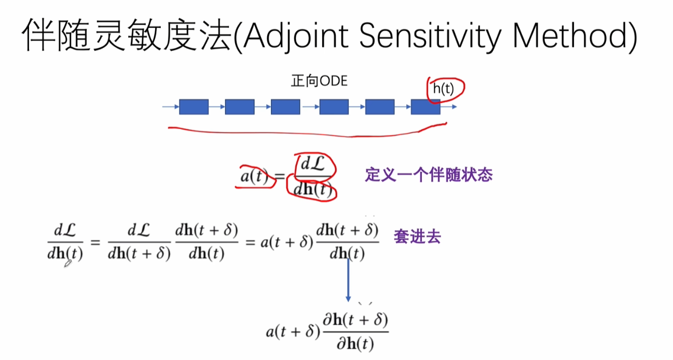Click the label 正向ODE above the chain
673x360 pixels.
coord(319,82)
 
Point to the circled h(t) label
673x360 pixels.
coord(443,89)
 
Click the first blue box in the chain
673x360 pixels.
coord(194,107)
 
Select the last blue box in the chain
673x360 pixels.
coord(425,107)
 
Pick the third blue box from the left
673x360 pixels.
coord(285,107)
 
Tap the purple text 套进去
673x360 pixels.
coord(417,237)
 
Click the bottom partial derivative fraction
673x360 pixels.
coord(356,332)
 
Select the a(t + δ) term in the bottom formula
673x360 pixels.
coord(290,332)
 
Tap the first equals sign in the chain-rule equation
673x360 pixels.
coord(95,242)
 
